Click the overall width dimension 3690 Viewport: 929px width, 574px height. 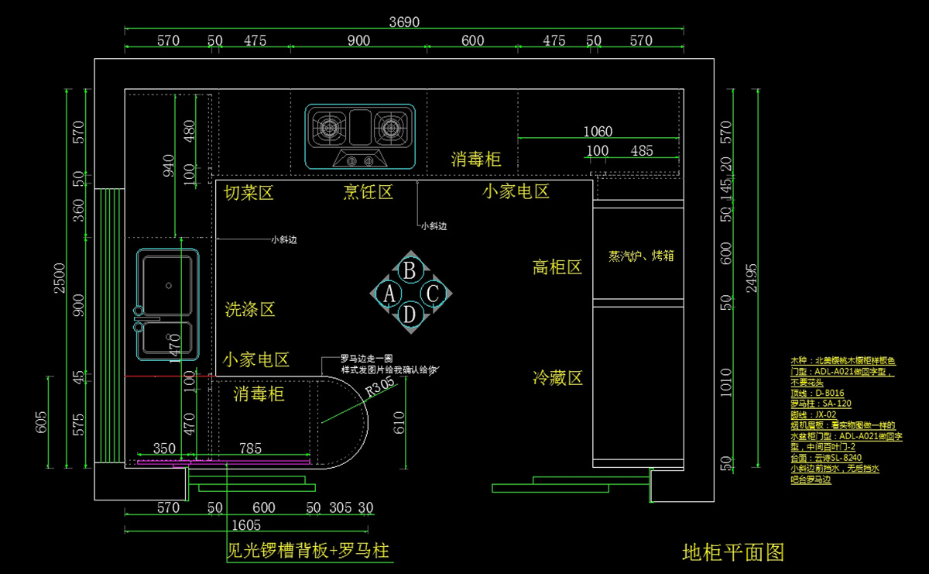click(x=404, y=22)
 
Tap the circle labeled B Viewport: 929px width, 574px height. click(x=410, y=270)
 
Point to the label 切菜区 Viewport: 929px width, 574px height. click(x=249, y=192)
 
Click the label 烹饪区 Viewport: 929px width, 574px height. click(x=369, y=191)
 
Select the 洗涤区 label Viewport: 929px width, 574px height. click(x=250, y=310)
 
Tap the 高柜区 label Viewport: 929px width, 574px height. click(x=557, y=267)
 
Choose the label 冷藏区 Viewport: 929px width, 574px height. click(x=557, y=378)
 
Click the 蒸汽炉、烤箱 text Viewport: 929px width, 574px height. click(x=641, y=256)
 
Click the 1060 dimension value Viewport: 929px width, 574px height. click(x=598, y=131)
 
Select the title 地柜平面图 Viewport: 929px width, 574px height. click(x=733, y=552)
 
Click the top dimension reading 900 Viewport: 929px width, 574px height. click(x=358, y=41)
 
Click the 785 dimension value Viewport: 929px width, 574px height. click(x=250, y=448)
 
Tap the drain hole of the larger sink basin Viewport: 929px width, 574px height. click(x=169, y=284)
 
